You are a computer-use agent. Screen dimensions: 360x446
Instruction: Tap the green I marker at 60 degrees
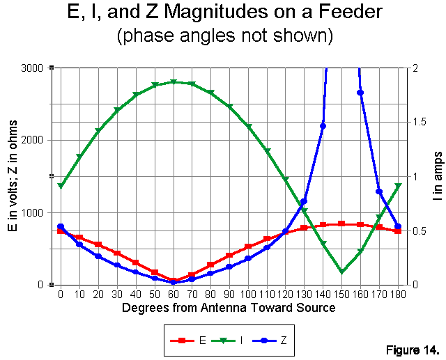tap(174, 82)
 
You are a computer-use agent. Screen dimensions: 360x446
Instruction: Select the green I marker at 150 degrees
tap(341, 272)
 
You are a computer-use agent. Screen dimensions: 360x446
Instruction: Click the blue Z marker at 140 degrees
tap(323, 126)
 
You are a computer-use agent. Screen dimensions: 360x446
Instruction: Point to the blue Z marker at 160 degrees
tap(360, 93)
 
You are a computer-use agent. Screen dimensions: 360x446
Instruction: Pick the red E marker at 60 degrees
tap(174, 281)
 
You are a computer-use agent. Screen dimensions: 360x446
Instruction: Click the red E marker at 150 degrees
tap(341, 224)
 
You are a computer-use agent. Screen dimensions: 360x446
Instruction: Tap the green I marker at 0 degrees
tap(61, 187)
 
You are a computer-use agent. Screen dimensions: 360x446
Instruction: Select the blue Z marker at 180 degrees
tap(398, 226)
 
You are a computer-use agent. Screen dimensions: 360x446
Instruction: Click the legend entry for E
tap(190, 341)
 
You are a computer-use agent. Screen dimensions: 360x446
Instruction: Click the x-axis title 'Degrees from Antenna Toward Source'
tap(229, 307)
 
